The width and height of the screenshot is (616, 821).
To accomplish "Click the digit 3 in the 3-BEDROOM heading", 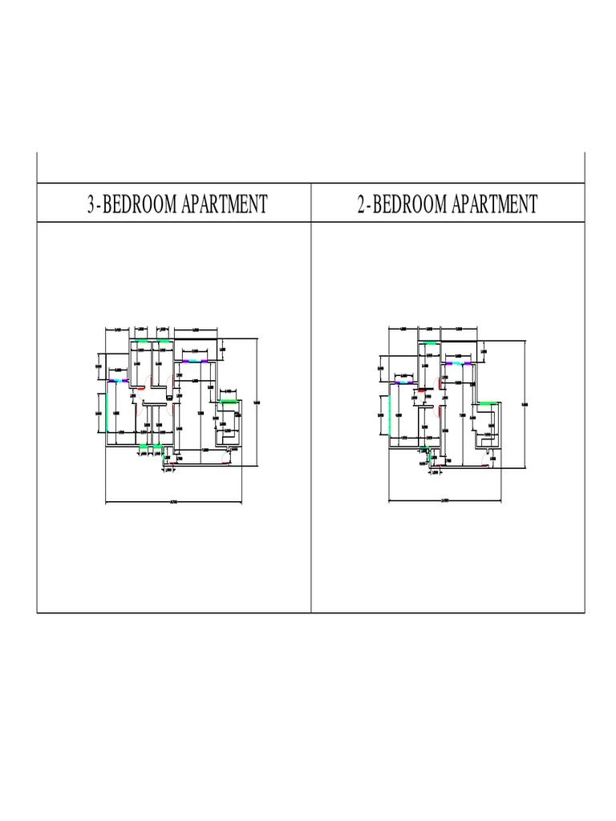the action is coord(91,204).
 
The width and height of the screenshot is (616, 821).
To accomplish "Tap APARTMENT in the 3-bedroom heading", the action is coord(224,204).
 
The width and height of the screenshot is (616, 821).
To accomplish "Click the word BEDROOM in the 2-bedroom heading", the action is coord(409,204).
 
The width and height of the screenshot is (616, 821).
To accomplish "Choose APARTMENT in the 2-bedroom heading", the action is coord(494,204).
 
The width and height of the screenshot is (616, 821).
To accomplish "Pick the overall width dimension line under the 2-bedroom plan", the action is coord(445,503).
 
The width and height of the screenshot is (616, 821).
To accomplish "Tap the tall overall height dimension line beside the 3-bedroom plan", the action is coord(256,401).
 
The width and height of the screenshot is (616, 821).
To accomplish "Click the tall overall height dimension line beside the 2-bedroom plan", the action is coord(525,401).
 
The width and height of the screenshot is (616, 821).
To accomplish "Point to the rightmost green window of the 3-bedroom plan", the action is coord(229,401).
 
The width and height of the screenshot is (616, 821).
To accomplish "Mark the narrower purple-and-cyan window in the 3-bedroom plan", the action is coord(119,380).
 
